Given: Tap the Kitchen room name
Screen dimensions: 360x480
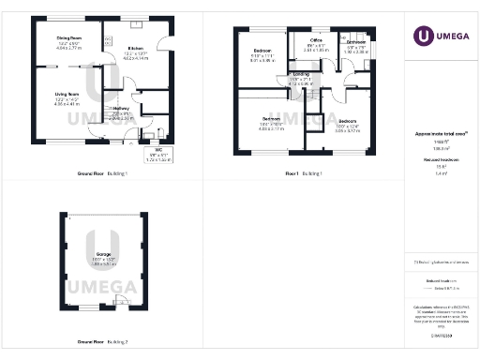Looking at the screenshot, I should (x=135, y=47).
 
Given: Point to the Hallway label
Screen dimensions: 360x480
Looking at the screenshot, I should (x=122, y=108).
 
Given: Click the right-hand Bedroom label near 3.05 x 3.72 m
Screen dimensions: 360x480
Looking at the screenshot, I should (x=347, y=122).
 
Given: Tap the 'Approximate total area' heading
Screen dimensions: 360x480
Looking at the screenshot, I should (x=439, y=137).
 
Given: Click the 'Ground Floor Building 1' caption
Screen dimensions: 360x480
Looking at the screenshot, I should (x=102, y=174).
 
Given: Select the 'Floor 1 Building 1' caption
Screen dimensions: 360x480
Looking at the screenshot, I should (x=304, y=174).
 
